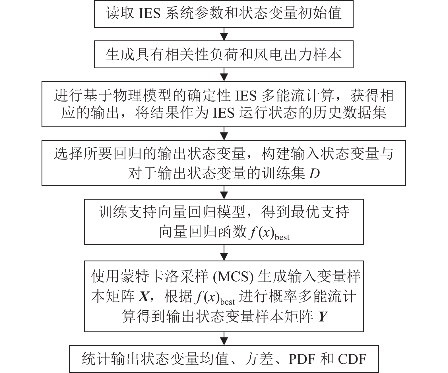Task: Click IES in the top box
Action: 150,14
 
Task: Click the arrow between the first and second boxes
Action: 224,34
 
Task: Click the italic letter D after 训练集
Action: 314,173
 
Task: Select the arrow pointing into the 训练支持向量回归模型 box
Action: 224,192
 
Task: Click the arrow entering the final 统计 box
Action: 224,339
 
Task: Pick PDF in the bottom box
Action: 302,359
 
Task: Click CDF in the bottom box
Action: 352,359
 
